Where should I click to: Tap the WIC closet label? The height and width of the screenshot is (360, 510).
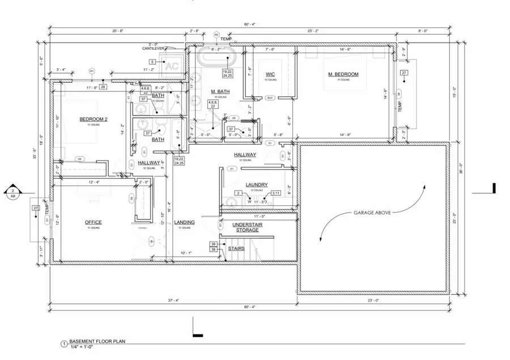(x=270, y=74)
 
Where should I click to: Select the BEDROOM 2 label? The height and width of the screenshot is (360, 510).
(x=93, y=119)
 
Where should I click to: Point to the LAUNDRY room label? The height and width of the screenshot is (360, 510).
(x=256, y=185)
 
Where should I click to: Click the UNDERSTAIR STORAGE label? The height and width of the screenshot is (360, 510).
(x=247, y=227)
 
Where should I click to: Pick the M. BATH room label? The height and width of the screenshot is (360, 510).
(x=219, y=92)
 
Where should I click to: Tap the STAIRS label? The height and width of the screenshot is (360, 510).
(x=236, y=248)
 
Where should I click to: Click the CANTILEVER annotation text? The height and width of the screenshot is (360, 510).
(x=153, y=49)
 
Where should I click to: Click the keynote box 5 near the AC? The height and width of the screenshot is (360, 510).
(x=152, y=61)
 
